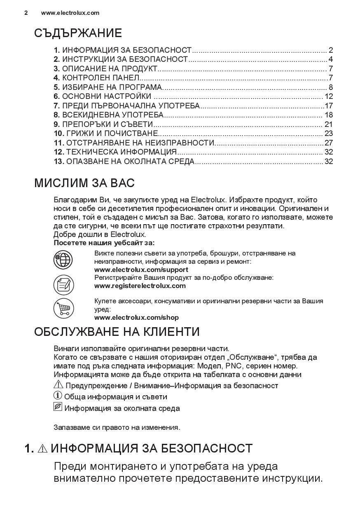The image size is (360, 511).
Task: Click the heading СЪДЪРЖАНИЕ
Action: tap(78, 33)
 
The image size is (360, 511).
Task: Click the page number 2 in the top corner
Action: tap(26, 13)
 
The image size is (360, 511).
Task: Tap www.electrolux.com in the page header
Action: tap(70, 13)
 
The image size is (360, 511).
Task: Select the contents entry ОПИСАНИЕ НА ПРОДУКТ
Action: tap(110, 69)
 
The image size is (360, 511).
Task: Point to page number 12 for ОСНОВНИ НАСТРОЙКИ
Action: tap(328, 96)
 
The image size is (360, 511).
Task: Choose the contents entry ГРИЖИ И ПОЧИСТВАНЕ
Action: tap(110, 134)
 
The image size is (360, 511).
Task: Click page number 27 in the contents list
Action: tap(328, 143)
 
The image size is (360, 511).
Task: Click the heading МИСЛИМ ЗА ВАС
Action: tap(84, 183)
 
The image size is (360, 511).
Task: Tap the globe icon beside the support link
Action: tap(63, 260)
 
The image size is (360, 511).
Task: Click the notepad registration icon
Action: tap(63, 284)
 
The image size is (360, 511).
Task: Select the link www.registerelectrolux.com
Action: tap(140, 286)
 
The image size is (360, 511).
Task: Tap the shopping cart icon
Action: tap(63, 308)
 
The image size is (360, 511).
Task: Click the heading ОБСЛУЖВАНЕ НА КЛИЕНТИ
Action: tap(117, 332)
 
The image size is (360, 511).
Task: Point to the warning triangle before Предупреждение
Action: tap(58, 385)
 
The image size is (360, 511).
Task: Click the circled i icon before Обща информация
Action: tap(57, 396)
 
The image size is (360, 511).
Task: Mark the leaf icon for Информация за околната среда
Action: tap(58, 407)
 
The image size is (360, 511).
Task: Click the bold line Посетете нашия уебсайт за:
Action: tap(107, 243)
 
